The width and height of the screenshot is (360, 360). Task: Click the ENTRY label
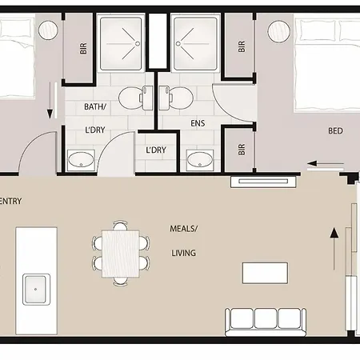tap(10, 201)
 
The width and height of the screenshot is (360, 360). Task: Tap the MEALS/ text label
tap(184, 229)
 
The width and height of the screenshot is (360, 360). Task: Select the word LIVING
tap(183, 253)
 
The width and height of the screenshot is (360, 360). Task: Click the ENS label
tap(198, 123)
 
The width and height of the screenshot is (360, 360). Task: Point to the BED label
tap(335, 130)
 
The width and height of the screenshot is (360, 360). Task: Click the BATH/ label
tap(95, 106)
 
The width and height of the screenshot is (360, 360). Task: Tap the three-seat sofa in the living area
tap(266, 322)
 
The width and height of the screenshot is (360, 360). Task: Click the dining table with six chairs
tap(121, 254)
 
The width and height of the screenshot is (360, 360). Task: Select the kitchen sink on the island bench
tap(36, 289)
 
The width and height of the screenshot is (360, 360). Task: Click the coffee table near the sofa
tap(265, 273)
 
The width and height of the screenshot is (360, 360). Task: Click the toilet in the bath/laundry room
tap(135, 98)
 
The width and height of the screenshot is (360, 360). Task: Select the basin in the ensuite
tap(200, 160)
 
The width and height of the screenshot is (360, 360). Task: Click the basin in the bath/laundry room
tap(81, 160)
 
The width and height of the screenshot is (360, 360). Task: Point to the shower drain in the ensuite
tap(178, 43)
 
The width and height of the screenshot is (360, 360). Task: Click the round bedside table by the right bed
tap(278, 31)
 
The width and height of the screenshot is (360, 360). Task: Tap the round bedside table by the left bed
tap(48, 30)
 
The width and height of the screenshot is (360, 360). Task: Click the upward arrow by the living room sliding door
tap(334, 249)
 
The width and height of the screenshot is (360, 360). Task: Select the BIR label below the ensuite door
tap(242, 150)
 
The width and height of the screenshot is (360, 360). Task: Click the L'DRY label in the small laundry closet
tap(156, 150)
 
